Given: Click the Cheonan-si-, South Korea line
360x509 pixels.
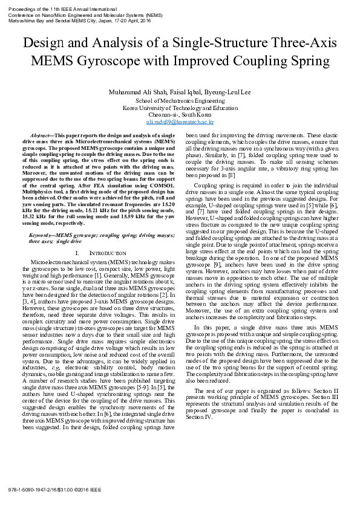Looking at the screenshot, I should pyautogui.click(x=180, y=114).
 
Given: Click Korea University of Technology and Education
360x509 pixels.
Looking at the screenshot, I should pyautogui.click(x=180, y=108).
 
